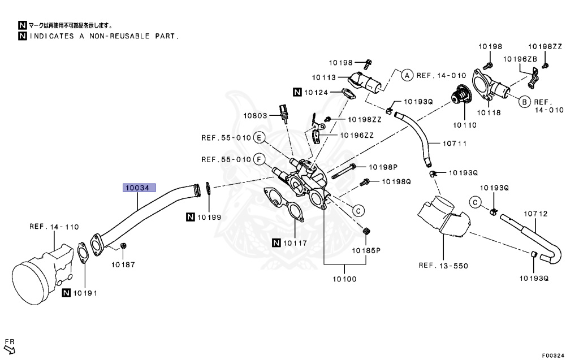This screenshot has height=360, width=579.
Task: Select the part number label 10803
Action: click(256, 115)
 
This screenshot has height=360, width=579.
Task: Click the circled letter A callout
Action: click(407, 75)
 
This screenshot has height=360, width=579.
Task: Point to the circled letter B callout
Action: click(524, 102)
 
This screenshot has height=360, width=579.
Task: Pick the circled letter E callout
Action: click(259, 137)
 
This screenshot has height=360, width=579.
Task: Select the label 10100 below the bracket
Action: click(344, 278)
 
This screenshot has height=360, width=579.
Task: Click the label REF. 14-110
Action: click(54, 227)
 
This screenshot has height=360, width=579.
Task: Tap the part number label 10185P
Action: click(366, 249)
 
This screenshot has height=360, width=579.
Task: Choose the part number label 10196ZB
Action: click(519, 59)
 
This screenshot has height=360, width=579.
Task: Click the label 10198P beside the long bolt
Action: click(384, 167)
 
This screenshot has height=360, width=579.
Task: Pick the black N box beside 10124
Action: click(297, 91)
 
